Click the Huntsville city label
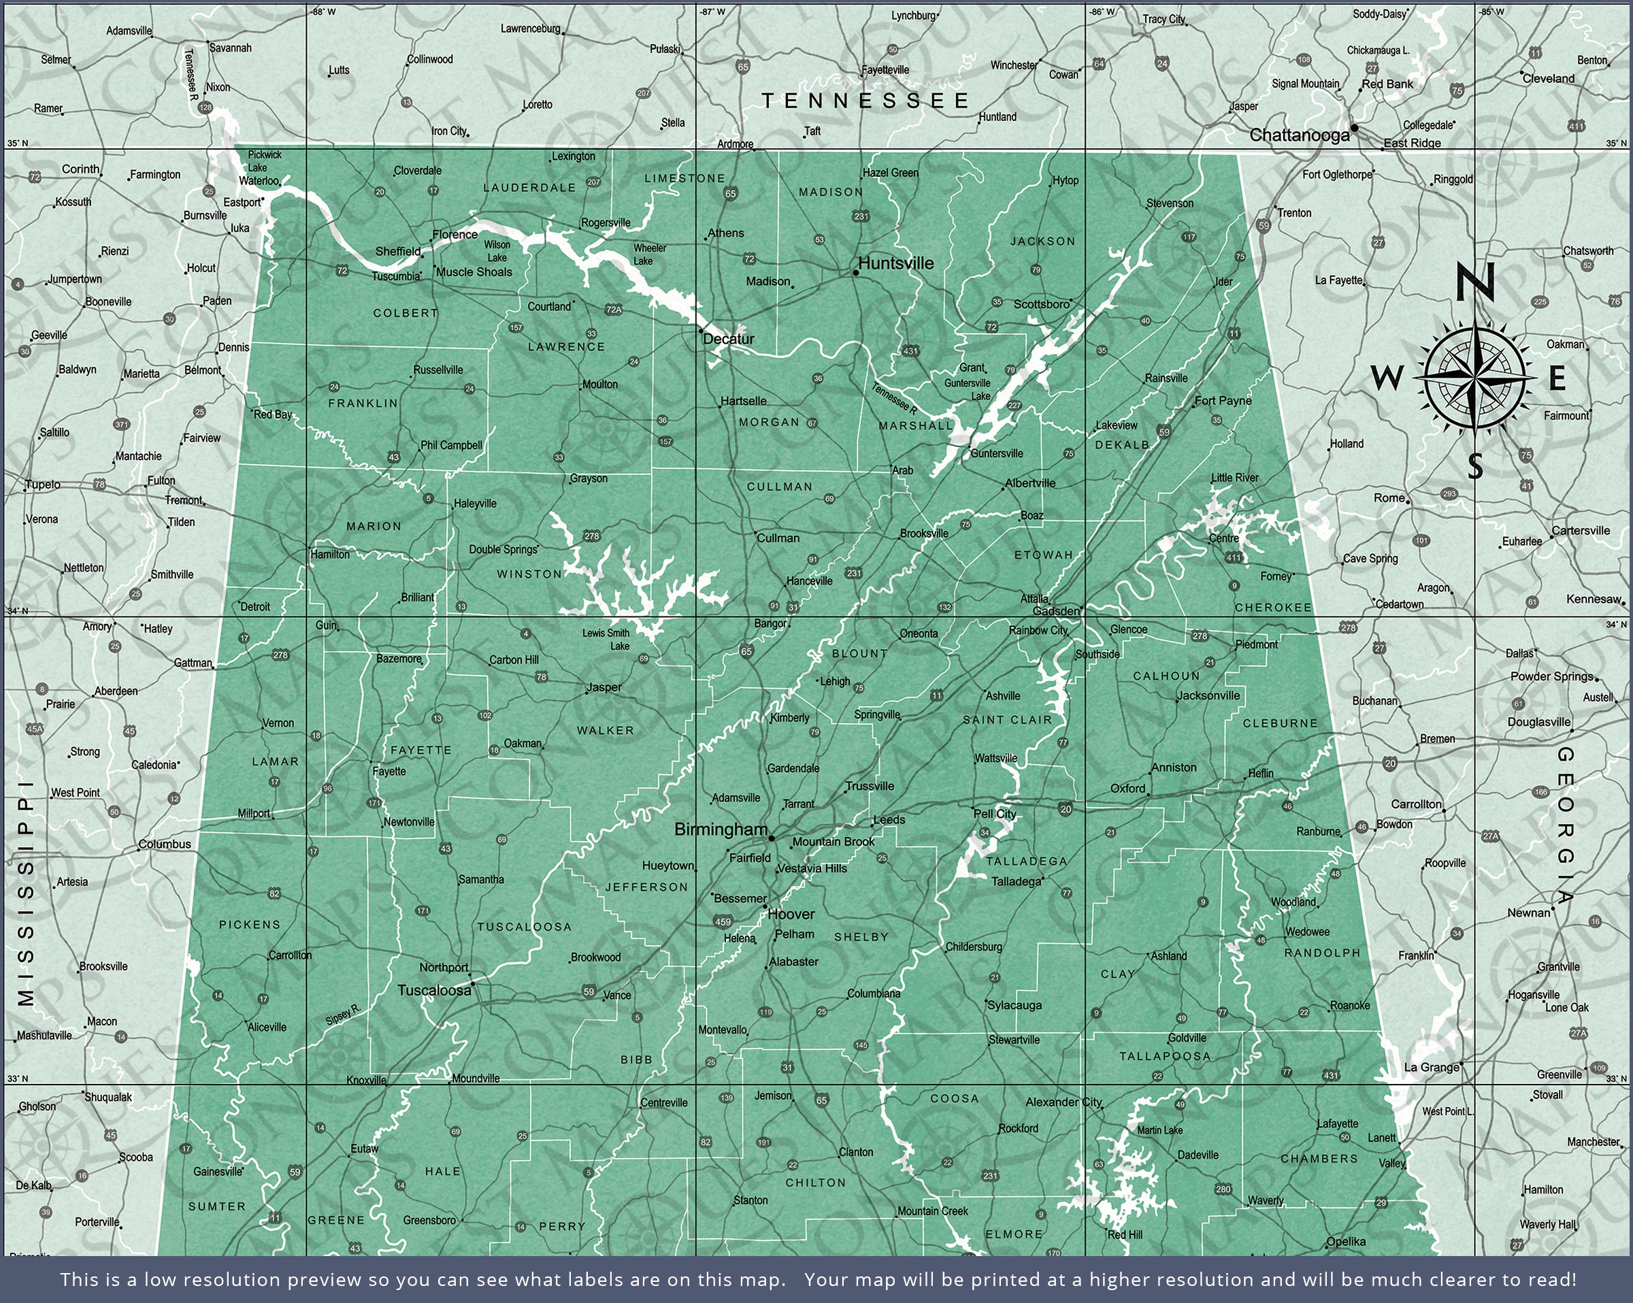click(896, 263)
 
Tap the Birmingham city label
click(721, 829)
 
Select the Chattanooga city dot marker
click(1354, 128)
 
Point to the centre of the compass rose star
click(1474, 376)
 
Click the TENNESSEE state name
click(865, 101)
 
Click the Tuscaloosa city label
click(434, 990)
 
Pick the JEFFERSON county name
click(646, 887)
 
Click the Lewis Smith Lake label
click(607, 640)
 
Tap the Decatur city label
click(729, 339)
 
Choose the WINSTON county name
click(529, 574)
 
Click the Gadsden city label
click(1056, 610)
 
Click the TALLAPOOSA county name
click(1165, 1056)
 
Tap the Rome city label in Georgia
click(1389, 497)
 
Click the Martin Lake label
click(1159, 1130)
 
